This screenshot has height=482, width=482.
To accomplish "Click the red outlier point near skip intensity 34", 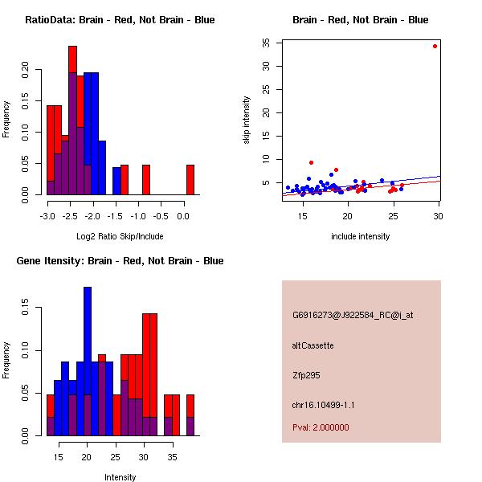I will point(435,46).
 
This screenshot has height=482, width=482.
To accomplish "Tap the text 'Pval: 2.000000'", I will point(321,427).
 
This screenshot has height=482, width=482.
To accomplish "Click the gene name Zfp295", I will point(307,375).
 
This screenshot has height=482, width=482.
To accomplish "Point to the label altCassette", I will point(312,345).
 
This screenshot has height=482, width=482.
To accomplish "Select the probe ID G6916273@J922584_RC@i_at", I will point(353,316).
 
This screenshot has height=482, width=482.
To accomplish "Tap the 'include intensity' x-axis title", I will point(361,236).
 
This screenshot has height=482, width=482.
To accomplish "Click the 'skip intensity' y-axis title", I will point(247,120).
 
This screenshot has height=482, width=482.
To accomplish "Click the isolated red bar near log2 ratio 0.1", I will point(190,180).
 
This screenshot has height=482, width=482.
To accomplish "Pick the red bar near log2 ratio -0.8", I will point(146,180).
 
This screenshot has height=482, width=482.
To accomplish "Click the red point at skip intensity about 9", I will point(311,162).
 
